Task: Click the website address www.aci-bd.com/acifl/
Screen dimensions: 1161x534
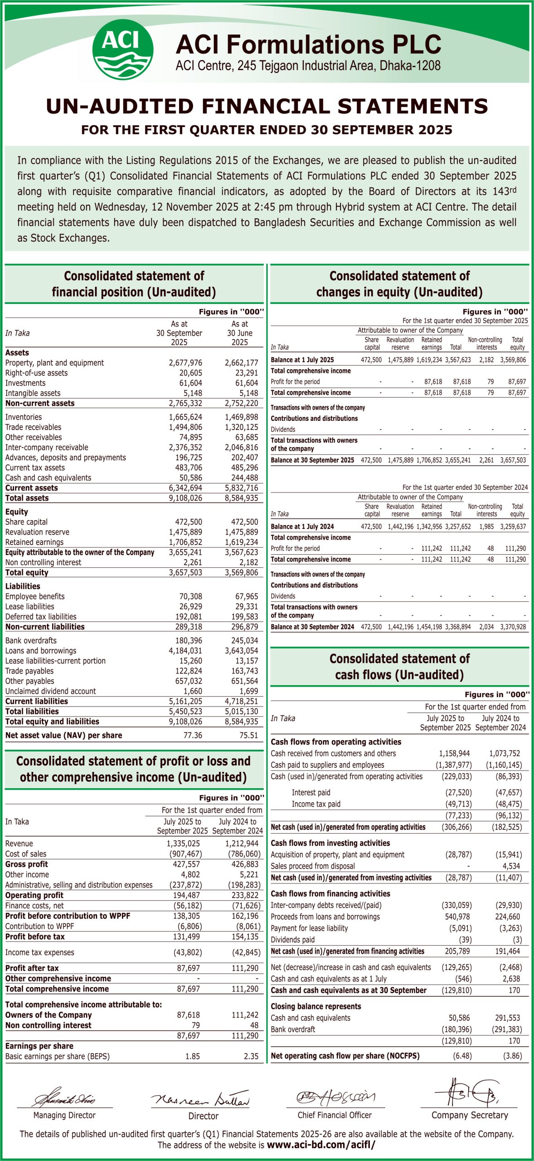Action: [321, 1145]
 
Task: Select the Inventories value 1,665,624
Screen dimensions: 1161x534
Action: [185, 417]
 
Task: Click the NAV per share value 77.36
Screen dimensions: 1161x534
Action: [193, 735]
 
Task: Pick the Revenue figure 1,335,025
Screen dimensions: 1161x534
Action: [183, 844]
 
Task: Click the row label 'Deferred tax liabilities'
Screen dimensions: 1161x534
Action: [41, 616]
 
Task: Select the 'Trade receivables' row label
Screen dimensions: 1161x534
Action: [33, 427]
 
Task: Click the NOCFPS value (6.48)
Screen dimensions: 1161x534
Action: [462, 1056]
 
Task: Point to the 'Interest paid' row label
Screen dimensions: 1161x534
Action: [311, 792]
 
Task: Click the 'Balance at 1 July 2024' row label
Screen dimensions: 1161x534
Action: [302, 527]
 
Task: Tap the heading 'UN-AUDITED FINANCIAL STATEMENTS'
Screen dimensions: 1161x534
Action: [267, 107]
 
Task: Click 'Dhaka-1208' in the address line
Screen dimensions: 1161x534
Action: [410, 66]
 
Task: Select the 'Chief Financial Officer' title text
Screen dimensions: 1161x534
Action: [335, 1115]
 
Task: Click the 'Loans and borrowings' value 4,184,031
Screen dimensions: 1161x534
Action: [185, 651]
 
